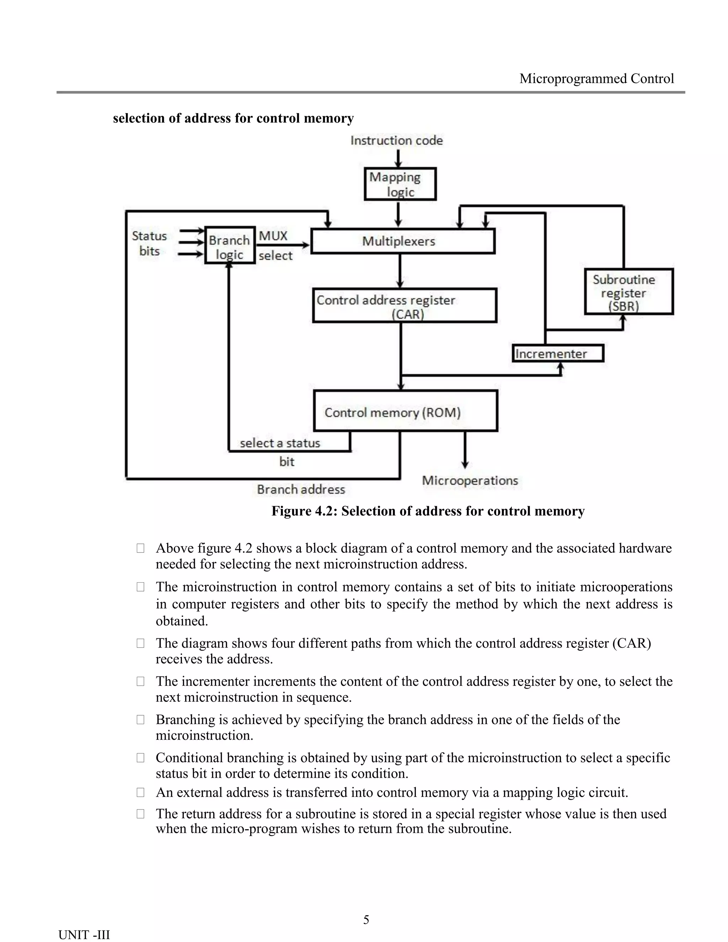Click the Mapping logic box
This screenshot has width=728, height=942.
[400, 184]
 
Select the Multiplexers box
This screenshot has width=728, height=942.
[402, 241]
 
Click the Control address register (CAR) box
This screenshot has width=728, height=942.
[405, 305]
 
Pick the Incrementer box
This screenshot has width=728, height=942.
[557, 354]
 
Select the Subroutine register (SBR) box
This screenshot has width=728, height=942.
[628, 291]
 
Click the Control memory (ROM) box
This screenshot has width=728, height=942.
[405, 411]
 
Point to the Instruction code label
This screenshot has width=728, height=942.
[396, 141]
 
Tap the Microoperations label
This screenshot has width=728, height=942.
[470, 481]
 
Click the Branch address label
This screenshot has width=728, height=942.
[301, 489]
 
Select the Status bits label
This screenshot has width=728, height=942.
[149, 244]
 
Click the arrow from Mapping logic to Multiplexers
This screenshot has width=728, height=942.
[398, 214]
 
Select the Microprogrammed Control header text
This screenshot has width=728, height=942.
[596, 79]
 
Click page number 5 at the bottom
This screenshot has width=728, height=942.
[366, 920]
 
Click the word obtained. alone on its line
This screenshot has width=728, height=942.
[182, 621]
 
